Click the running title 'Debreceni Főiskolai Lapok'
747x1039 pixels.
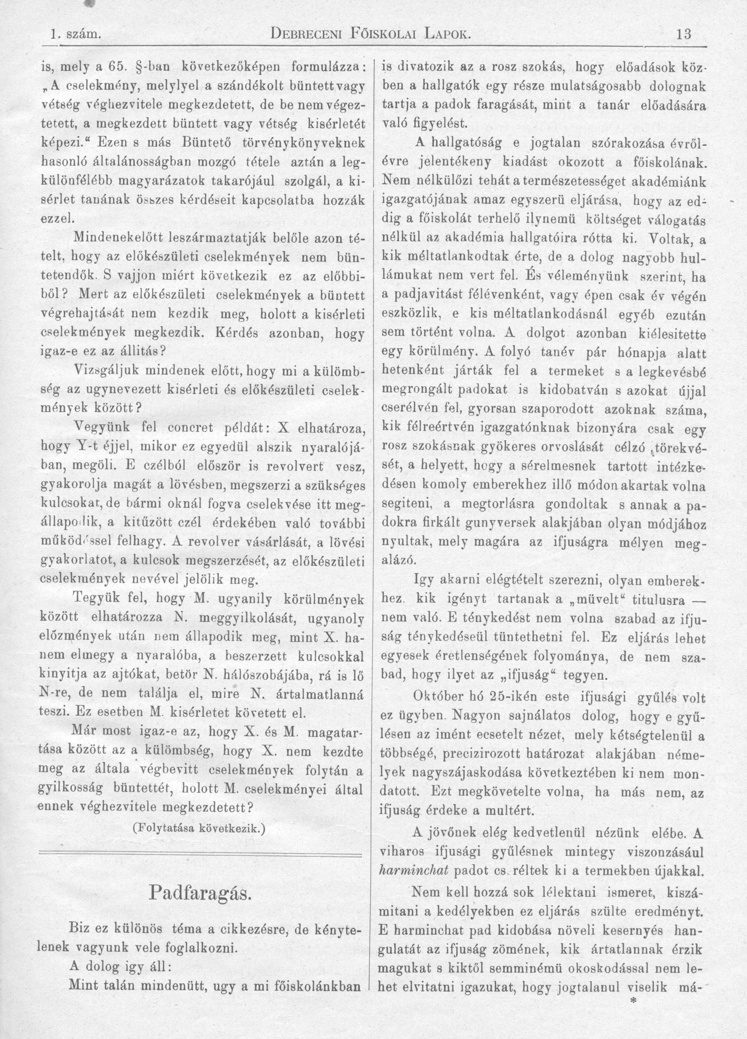[371, 34]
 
